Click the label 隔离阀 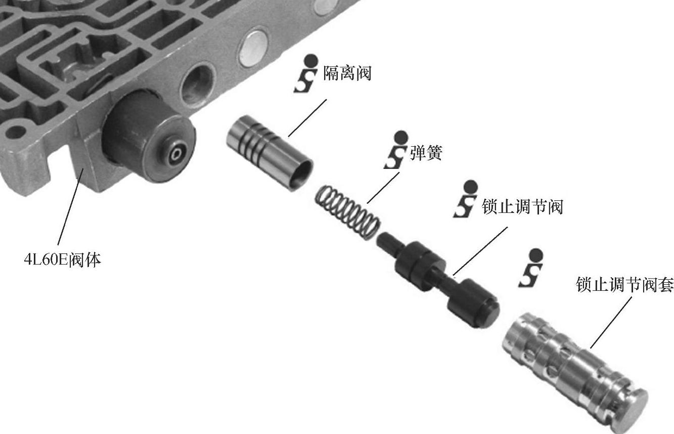[x=347, y=73]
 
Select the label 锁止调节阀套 [x=624, y=284]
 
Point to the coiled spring [x=347, y=212]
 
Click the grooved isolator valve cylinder [x=269, y=153]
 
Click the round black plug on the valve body [x=149, y=136]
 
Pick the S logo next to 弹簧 [x=396, y=150]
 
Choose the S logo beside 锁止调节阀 [x=466, y=199]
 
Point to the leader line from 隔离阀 [x=307, y=118]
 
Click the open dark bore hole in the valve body [x=197, y=85]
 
